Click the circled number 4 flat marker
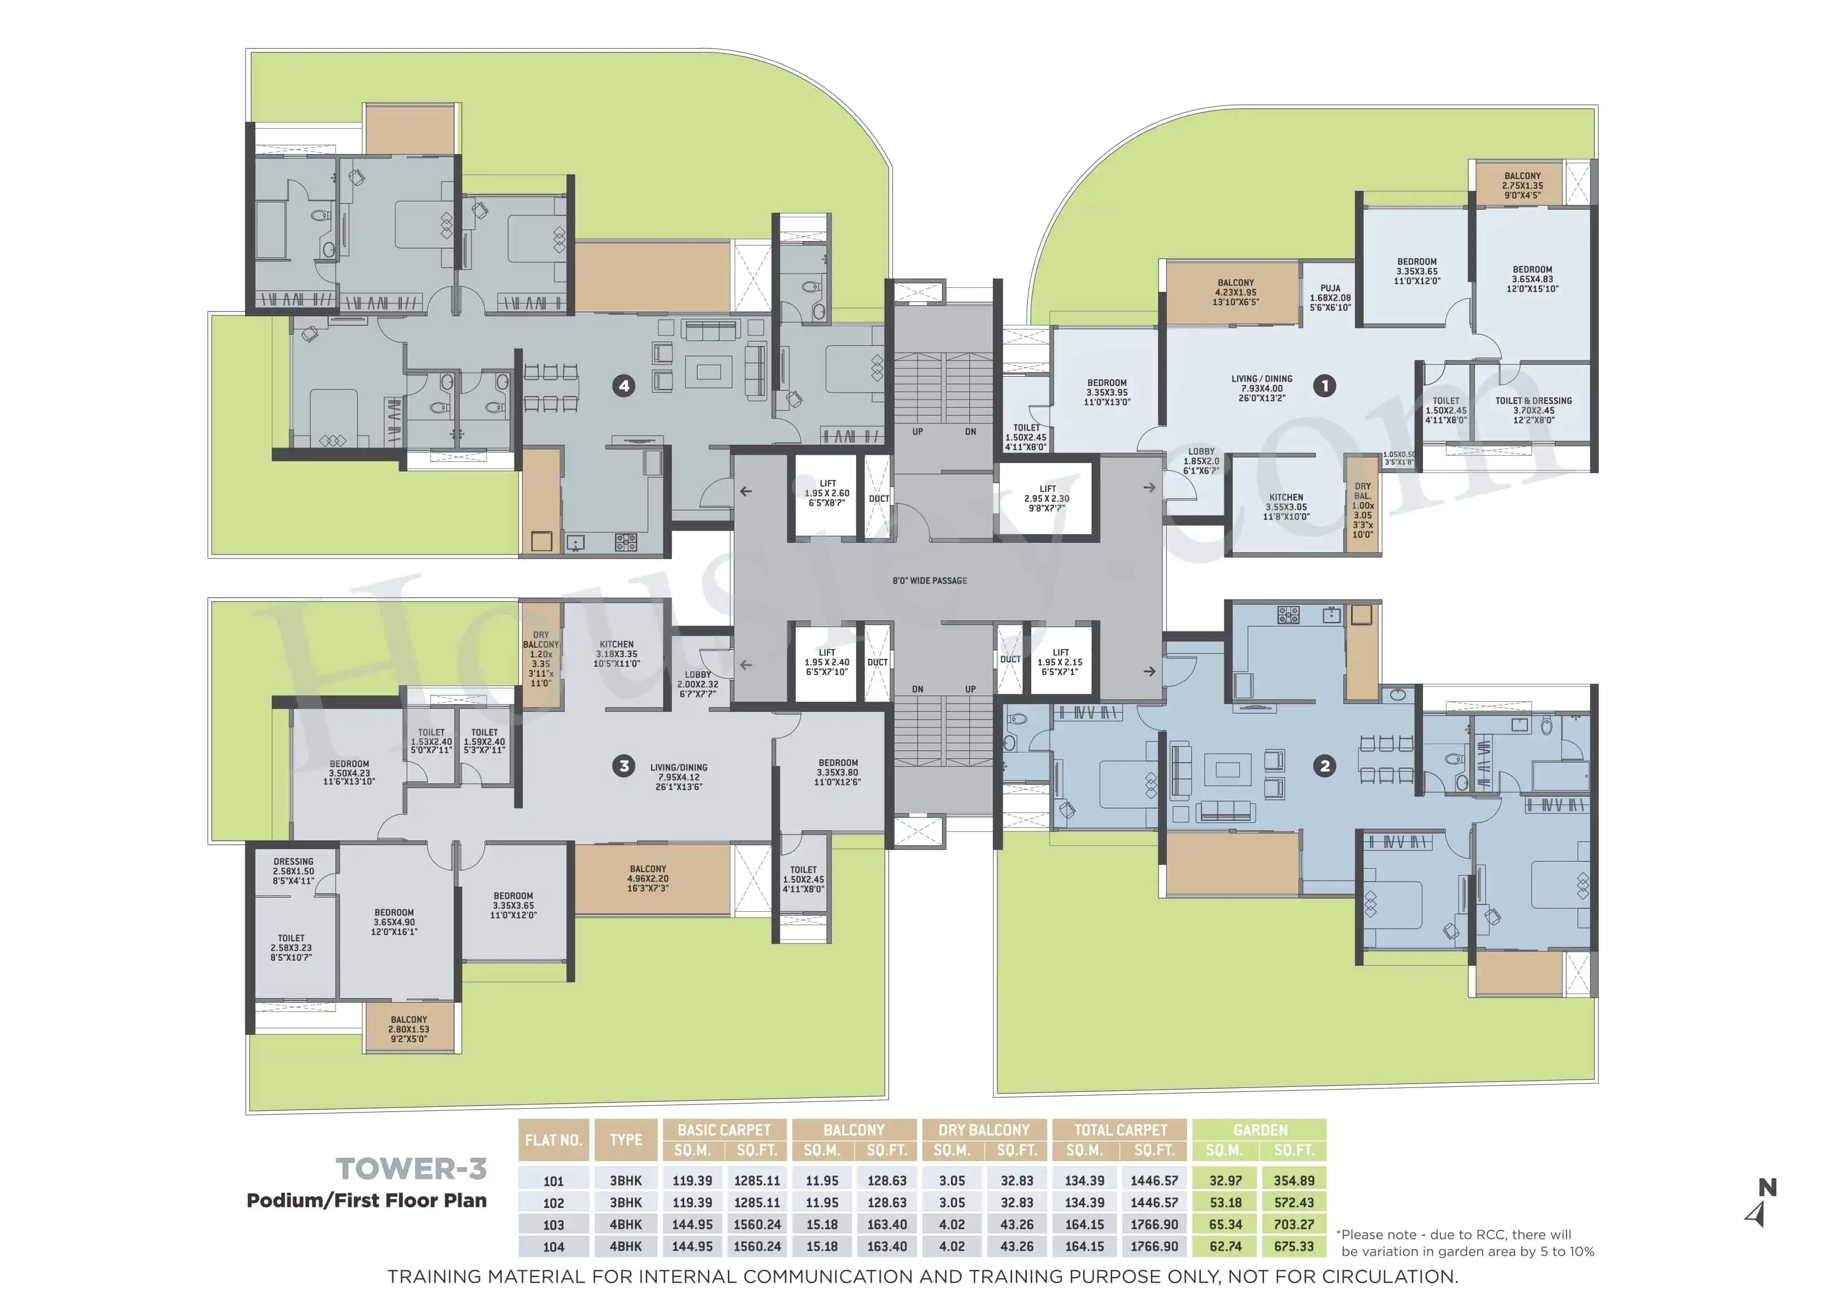(624, 386)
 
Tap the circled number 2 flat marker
(1325, 765)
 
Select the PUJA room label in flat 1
(1330, 297)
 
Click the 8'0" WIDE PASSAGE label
(930, 581)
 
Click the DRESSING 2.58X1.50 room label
(294, 871)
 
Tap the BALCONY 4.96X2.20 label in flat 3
(648, 879)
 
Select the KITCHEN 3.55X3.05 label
(1286, 507)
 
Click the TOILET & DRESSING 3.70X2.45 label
(1532, 410)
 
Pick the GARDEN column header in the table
(1260, 1130)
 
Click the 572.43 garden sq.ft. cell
(1294, 1203)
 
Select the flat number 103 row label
(553, 1225)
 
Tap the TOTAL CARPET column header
(1120, 1130)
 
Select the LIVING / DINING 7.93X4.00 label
(1262, 388)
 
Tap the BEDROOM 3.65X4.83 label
(1532, 279)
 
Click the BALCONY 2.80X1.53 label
(408, 1029)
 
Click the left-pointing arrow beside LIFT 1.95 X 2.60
(746, 492)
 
